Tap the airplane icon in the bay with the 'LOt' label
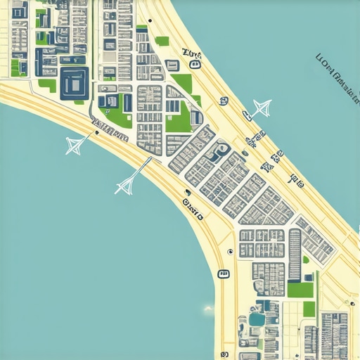tap(262, 108)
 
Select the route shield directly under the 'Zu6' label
tap(195, 65)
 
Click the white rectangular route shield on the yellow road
tap(223, 273)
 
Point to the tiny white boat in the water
tap(208, 309)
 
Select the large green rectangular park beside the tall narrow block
tap(300, 289)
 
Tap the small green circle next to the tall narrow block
tap(305, 259)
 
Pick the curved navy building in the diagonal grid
tap(221, 149)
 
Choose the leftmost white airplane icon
tap(75, 145)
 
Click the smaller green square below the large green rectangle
tap(309, 309)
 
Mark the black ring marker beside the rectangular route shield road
tap(230, 251)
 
